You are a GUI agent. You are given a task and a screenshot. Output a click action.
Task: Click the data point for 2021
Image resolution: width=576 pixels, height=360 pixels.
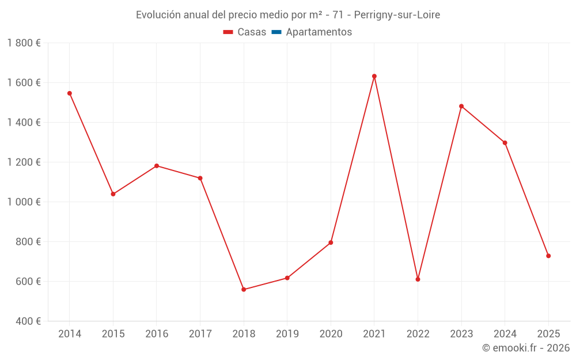click(x=374, y=76)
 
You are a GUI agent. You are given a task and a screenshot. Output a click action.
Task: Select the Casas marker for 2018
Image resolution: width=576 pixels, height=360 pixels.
click(x=244, y=289)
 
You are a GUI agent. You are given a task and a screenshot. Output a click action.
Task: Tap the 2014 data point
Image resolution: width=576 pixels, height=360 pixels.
click(x=70, y=93)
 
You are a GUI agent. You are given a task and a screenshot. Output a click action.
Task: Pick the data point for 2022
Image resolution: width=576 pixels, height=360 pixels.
click(x=418, y=279)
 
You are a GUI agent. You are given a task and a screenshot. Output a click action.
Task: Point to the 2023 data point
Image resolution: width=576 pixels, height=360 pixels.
click(x=461, y=106)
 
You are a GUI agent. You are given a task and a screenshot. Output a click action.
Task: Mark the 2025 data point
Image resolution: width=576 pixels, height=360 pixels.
click(x=548, y=256)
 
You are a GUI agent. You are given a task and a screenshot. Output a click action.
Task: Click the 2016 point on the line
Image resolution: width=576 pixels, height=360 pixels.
click(x=157, y=166)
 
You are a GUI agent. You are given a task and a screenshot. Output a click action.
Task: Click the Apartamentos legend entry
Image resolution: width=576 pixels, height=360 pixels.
click(x=319, y=32)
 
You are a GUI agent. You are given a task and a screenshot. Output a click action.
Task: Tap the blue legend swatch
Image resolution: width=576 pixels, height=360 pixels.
click(x=276, y=32)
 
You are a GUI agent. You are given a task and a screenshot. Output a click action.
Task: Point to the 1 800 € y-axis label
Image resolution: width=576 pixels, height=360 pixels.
click(x=24, y=43)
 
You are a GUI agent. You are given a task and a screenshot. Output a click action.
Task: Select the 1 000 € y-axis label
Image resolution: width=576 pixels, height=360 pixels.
click(x=24, y=202)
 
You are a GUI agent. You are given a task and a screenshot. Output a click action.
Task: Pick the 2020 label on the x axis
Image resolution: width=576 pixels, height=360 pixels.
click(x=331, y=334)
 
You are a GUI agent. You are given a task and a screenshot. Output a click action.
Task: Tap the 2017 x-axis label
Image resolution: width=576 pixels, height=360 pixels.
click(x=200, y=334)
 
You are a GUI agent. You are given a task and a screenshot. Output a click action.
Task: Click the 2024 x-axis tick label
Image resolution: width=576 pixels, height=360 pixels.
click(x=505, y=334)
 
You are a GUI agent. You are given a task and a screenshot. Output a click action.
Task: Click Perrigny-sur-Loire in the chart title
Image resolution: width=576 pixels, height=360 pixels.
click(x=397, y=15)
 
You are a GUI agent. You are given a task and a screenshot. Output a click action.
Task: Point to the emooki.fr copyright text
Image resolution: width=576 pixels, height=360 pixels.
click(x=526, y=348)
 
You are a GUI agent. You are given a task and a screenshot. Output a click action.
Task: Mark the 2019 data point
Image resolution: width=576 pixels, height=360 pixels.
click(x=287, y=278)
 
